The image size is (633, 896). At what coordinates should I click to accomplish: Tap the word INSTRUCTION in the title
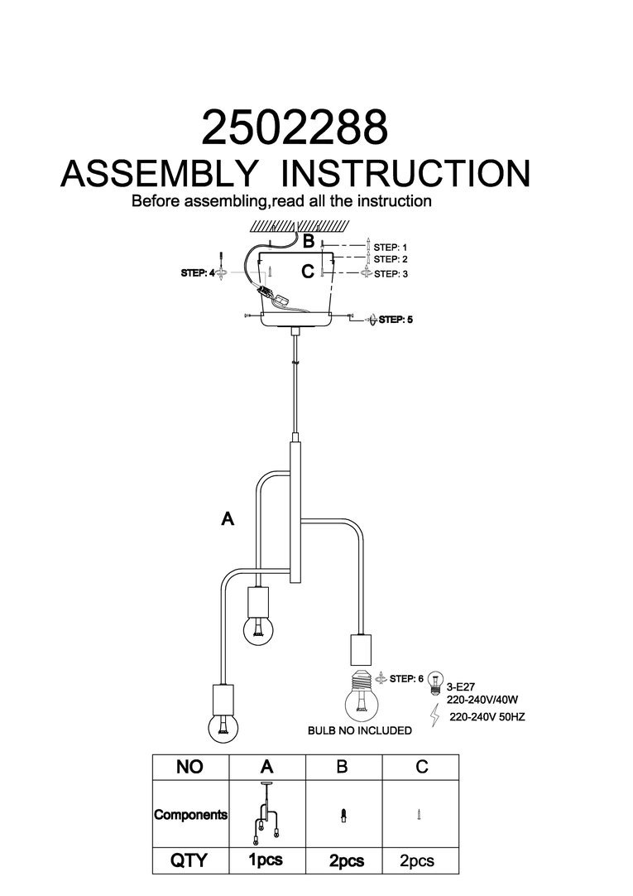405,173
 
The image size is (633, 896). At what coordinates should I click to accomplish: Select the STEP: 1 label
391,247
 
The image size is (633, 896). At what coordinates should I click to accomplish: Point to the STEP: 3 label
391,273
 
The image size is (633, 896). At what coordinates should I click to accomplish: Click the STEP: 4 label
198,272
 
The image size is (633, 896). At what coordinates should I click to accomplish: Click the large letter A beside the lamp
228,519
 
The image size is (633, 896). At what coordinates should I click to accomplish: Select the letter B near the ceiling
308,242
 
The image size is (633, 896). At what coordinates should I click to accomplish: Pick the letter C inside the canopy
308,271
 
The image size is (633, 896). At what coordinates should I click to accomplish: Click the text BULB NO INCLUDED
359,730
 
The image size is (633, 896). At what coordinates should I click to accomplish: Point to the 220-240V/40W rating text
481,699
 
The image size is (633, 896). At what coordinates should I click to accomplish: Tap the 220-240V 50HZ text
487,717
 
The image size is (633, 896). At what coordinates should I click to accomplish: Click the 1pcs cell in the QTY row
266,860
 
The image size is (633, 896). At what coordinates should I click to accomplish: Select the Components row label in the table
190,814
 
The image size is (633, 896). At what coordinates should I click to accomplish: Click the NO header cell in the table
189,767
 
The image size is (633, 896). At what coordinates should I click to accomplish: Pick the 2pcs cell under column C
416,861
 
